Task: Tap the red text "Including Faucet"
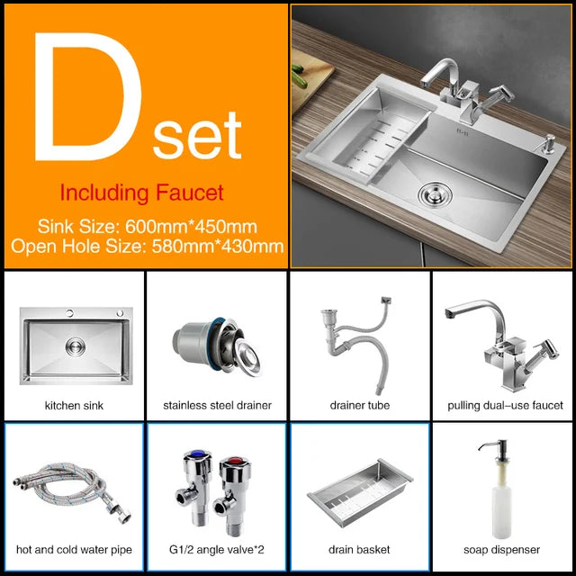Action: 142,193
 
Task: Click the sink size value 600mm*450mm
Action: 191,226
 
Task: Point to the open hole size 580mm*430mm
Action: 218,246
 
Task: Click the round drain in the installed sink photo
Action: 435,193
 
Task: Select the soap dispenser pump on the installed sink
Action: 547,144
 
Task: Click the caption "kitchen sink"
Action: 74,406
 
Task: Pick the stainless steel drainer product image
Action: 217,346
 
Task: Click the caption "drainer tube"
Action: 360,405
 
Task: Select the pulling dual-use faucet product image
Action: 502,346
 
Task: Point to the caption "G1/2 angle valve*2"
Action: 216,550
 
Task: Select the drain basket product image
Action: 360,492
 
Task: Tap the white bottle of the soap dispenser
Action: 502,507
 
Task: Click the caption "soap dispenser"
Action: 502,550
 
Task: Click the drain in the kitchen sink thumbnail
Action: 76,346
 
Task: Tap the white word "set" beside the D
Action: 197,135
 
